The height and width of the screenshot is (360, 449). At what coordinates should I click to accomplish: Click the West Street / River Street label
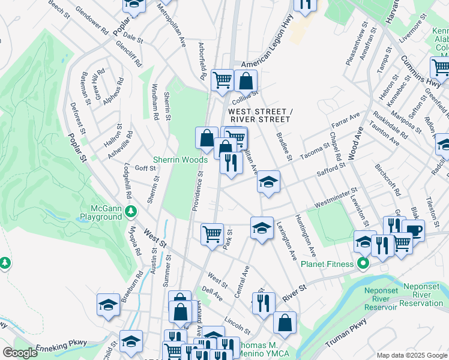pos(259,115)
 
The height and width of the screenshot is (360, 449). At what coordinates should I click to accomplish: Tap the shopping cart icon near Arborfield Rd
pos(222,79)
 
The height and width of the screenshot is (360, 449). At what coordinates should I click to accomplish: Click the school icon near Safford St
pos(268,182)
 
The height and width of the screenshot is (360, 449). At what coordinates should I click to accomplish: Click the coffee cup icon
pos(412,230)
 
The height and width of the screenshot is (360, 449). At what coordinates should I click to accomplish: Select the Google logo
pos(20,353)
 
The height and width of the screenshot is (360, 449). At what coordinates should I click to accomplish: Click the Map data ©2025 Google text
pos(411,355)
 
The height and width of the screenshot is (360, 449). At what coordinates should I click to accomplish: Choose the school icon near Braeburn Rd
pos(108,305)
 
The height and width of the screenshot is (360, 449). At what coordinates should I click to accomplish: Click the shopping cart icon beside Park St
pos(211,233)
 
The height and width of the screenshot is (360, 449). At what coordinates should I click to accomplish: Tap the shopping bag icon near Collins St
pos(246,80)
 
